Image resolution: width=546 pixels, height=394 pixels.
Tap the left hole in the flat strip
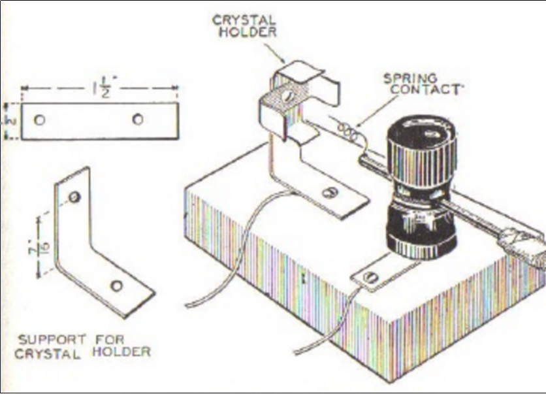(40, 120)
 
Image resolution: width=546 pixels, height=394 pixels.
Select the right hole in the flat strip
(138, 119)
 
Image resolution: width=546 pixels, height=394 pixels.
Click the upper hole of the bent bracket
(74, 197)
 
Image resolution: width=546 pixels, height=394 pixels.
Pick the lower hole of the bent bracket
(117, 285)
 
